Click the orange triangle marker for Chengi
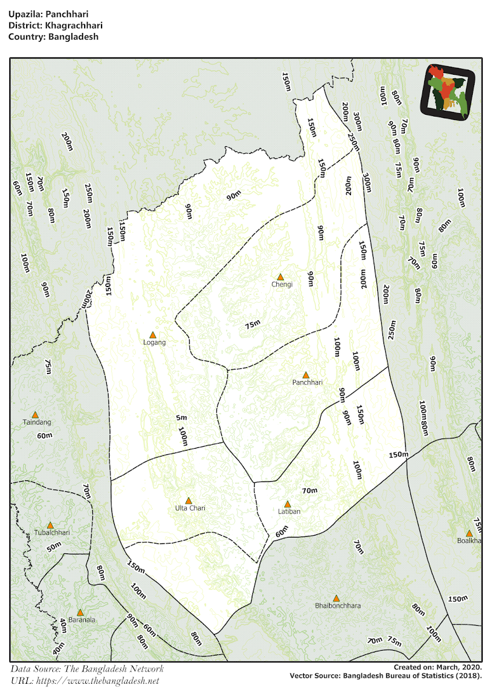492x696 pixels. tap(280, 277)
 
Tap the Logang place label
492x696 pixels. tap(154, 342)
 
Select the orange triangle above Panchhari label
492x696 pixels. tap(306, 375)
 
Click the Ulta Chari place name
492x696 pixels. tap(190, 508)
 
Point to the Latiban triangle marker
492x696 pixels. tap(287, 504)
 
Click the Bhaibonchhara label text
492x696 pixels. tap(338, 606)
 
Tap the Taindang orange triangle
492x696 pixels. tap(35, 415)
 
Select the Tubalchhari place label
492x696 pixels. tap(52, 532)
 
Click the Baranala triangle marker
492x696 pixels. tap(80, 612)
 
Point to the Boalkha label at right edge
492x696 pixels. tap(469, 541)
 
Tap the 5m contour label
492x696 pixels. tap(182, 418)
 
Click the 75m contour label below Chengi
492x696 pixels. tap(252, 325)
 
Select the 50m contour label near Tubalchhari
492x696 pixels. tap(54, 546)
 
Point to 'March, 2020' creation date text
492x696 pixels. tap(459, 668)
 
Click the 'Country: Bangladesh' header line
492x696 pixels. tap(53, 37)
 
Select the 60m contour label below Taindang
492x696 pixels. tap(45, 435)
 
